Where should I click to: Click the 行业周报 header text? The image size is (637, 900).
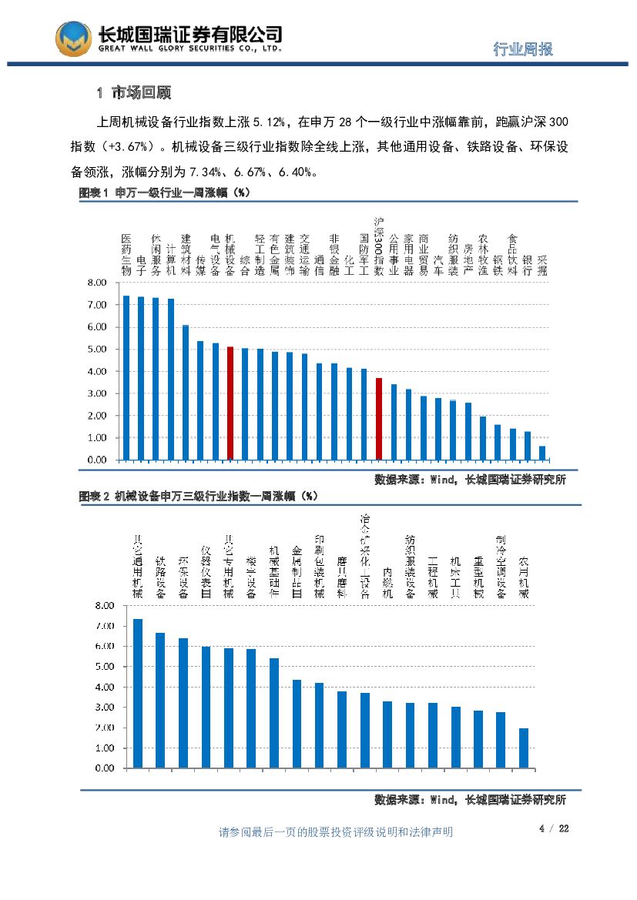pyautogui.click(x=522, y=50)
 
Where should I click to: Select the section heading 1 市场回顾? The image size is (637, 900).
pyautogui.click(x=133, y=94)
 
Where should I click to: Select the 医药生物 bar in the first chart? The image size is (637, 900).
pyautogui.click(x=126, y=377)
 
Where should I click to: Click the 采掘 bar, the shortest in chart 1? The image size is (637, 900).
pyautogui.click(x=542, y=453)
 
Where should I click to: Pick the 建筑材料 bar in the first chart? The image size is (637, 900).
pyautogui.click(x=185, y=392)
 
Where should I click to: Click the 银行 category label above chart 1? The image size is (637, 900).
pyautogui.click(x=528, y=266)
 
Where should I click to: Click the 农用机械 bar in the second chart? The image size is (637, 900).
pyautogui.click(x=524, y=748)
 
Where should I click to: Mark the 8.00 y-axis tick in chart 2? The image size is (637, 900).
pyautogui.click(x=103, y=606)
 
